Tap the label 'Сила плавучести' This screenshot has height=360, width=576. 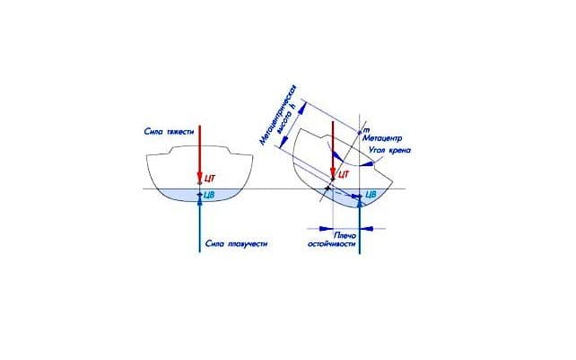tap(238, 244)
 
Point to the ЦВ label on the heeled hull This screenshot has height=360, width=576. tap(371, 195)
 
